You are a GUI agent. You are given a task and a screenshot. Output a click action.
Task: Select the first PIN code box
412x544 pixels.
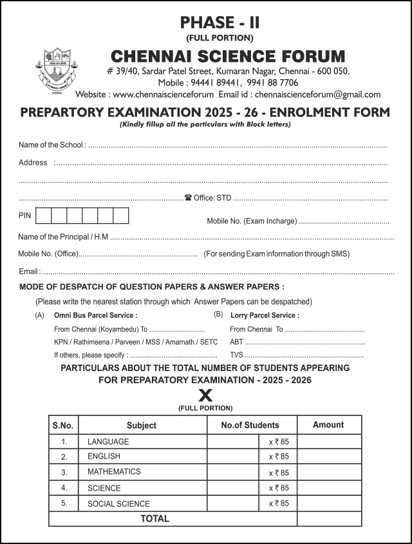[43, 215]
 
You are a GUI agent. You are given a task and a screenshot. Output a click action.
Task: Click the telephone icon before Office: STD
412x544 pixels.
[188, 198]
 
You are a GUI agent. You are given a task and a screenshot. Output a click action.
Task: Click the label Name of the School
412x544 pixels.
[51, 145]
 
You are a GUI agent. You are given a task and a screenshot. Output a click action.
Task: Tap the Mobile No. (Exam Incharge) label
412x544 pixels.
[252, 221]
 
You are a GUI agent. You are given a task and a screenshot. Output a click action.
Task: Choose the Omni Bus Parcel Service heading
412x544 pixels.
[95, 315]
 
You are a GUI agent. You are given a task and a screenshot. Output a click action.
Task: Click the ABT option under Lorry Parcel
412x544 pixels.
[236, 342]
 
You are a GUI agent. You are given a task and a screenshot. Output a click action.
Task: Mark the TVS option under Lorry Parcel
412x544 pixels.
[236, 355]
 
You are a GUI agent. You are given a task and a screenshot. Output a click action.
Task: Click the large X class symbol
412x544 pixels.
[205, 396]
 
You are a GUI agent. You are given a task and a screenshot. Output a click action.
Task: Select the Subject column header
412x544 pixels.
[142, 425]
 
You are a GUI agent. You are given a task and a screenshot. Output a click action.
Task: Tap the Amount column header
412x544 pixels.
[328, 425]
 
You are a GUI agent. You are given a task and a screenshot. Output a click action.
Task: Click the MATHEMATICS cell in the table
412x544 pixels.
[114, 472]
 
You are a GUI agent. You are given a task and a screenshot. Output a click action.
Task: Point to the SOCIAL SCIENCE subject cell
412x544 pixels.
[118, 504]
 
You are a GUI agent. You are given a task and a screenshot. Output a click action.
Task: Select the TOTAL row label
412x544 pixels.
[155, 518]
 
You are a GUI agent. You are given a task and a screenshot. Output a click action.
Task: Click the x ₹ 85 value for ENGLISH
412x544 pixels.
[278, 457]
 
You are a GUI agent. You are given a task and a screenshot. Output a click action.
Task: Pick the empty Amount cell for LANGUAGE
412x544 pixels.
[329, 442]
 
